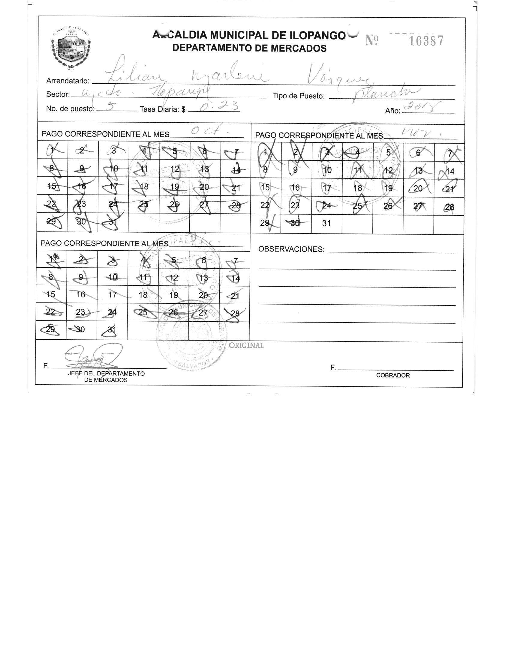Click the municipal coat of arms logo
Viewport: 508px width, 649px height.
(x=71, y=49)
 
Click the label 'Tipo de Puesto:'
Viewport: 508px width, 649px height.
(x=299, y=96)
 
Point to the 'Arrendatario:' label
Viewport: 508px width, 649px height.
(x=68, y=81)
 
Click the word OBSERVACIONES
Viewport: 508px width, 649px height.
(x=291, y=249)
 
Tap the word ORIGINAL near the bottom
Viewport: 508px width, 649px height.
(x=246, y=345)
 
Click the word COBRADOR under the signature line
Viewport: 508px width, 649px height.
(x=393, y=375)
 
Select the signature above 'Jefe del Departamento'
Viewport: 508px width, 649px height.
(x=90, y=357)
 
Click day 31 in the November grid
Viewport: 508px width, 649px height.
(x=326, y=223)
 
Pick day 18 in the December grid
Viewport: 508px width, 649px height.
(x=143, y=295)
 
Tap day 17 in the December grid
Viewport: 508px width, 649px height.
(x=113, y=295)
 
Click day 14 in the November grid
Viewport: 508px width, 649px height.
(x=450, y=172)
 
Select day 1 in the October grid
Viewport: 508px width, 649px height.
(x=53, y=150)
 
